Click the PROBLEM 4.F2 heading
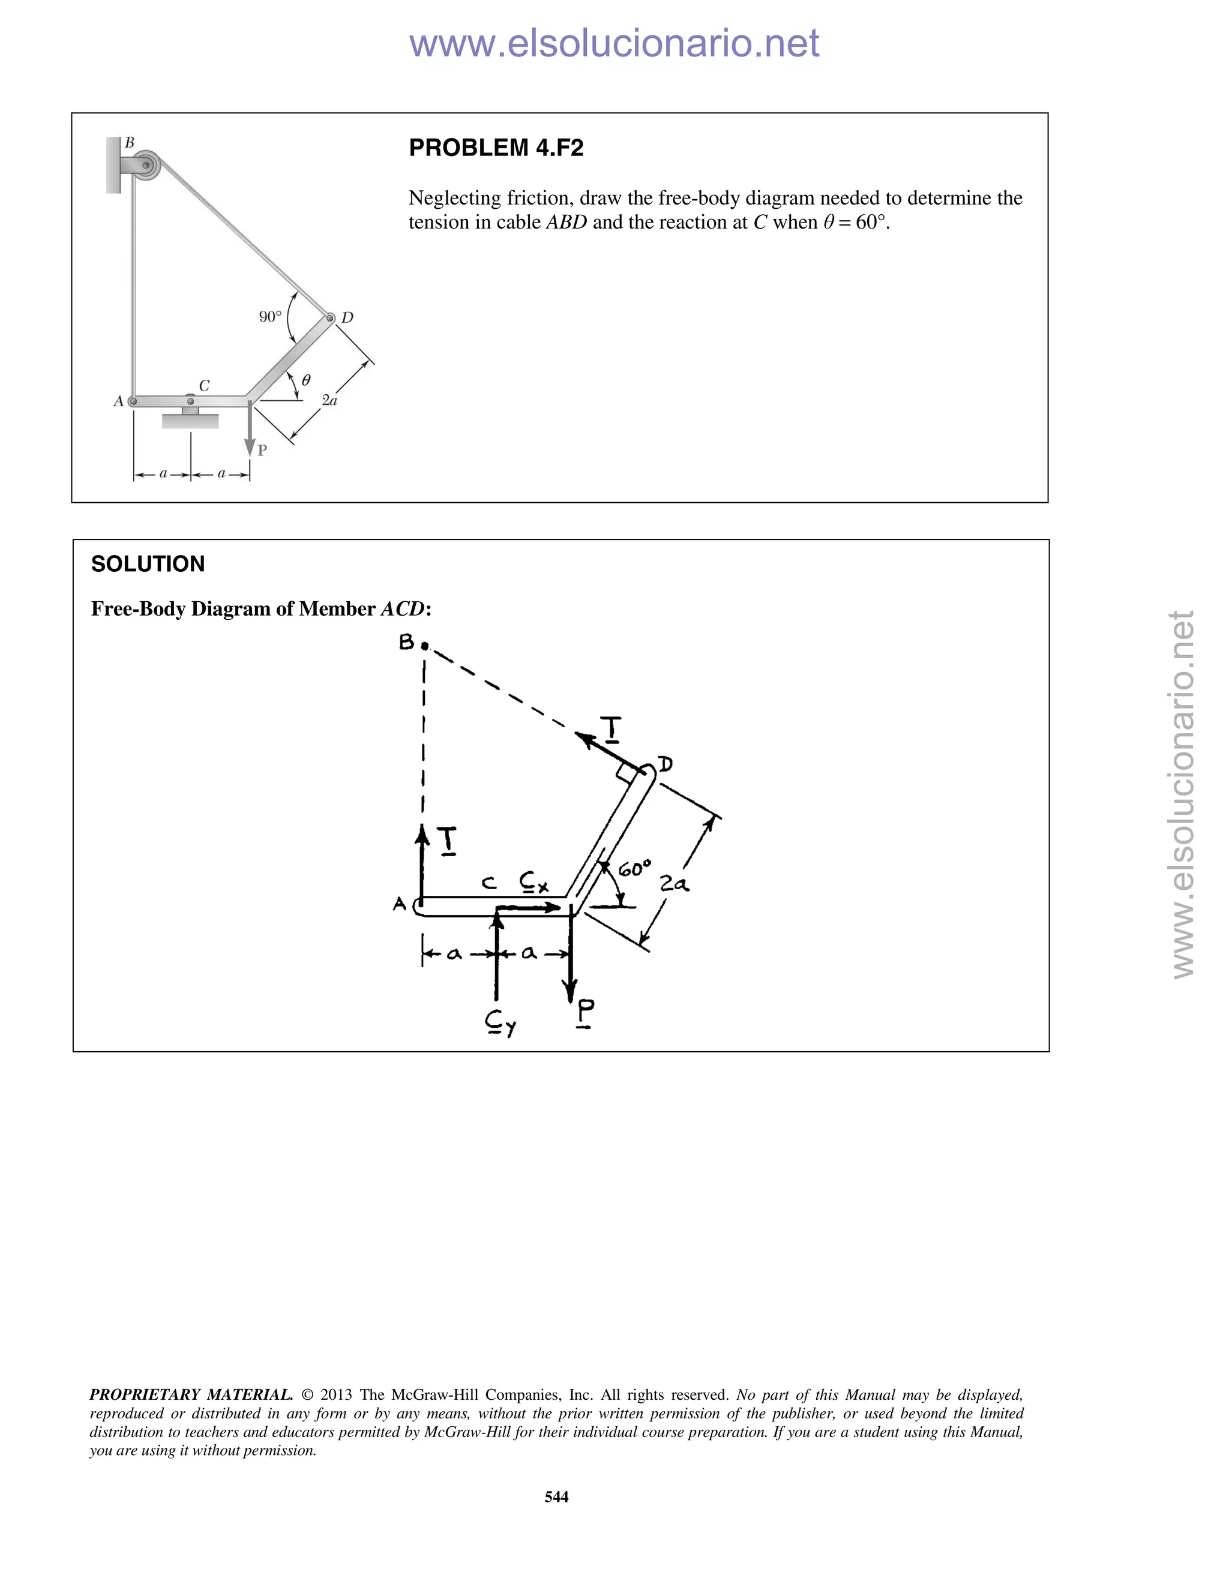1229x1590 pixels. coord(496,148)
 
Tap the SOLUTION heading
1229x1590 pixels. coord(148,563)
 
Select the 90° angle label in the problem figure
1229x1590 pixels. coord(270,317)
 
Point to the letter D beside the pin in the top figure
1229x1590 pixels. coord(347,317)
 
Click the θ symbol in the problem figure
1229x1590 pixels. coord(306,379)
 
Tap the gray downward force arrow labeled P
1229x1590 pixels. coord(250,433)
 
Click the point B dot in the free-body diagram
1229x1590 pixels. coord(424,646)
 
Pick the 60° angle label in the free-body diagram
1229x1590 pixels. coord(634,869)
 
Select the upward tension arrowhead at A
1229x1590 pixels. coord(421,833)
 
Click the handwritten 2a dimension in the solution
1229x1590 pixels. coord(674,884)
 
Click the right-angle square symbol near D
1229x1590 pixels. coord(625,774)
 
